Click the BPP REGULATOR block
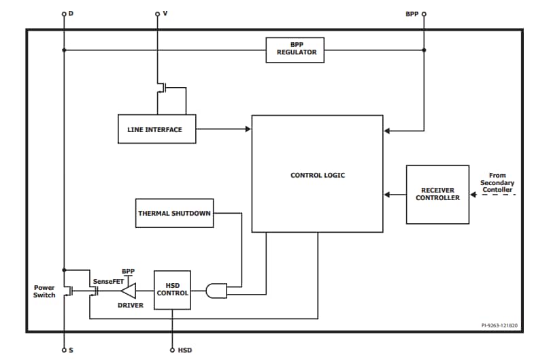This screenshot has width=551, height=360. [x=295, y=50]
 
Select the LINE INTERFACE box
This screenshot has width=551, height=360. [x=156, y=129]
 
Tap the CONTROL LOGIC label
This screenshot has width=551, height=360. [x=317, y=176]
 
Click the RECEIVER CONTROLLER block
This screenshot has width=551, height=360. [x=437, y=194]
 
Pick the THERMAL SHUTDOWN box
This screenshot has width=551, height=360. [x=175, y=213]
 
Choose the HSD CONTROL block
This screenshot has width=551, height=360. [x=172, y=289]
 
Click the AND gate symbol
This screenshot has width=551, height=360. [x=216, y=291]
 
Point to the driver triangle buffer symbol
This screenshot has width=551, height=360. [x=128, y=291]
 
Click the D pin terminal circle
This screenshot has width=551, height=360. [x=64, y=14]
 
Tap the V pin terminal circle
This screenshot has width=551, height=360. [x=158, y=14]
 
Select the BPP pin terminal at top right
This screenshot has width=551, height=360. [x=424, y=14]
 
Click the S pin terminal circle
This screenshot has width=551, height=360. [x=64, y=350]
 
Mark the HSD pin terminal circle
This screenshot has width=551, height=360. [x=172, y=350]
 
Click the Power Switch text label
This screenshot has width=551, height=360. [x=44, y=291]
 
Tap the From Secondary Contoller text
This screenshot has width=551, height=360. [x=497, y=182]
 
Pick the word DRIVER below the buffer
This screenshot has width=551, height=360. [x=130, y=306]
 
